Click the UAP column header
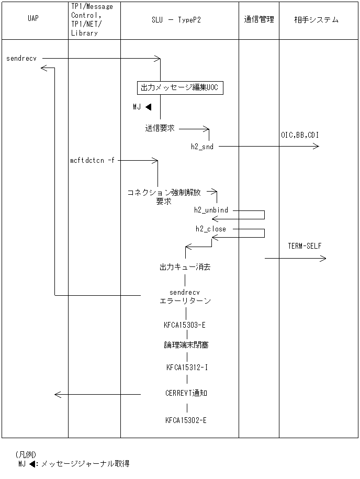pyautogui.click(x=32, y=20)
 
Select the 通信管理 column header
pyautogui.click(x=258, y=20)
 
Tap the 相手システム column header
pyautogui.click(x=316, y=20)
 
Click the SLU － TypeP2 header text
pyautogui.click(x=179, y=20)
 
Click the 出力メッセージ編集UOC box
pyautogui.click(x=179, y=88)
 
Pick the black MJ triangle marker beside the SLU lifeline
pyautogui.click(x=149, y=107)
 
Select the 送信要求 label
pyautogui.click(x=160, y=128)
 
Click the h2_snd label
pyautogui.click(x=202, y=147)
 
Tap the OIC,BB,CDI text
pyautogui.click(x=299, y=135)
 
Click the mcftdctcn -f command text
pyautogui.click(x=92, y=160)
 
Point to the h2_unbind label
pyautogui.click(x=211, y=210)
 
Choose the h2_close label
pyautogui.click(x=211, y=229)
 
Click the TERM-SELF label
pyautogui.click(x=305, y=246)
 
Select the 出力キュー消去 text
pyautogui.click(x=185, y=267)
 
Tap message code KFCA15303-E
pyautogui.click(x=185, y=325)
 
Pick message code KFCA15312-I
pyautogui.click(x=187, y=367)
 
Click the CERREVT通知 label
pyautogui.click(x=186, y=393)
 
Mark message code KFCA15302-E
pyautogui.click(x=186, y=420)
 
